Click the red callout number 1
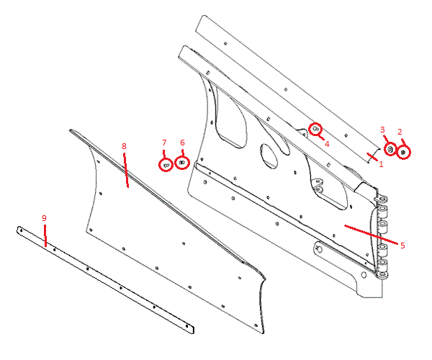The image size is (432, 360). coord(381,164)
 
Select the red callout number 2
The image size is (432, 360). coord(400,132)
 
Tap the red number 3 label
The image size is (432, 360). coord(382,130)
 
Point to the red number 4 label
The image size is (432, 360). coord(327,144)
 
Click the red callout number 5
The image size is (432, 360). coord(402,246)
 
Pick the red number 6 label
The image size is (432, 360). coord(182,143)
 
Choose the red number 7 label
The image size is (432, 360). coord(164,143)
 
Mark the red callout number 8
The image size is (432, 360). coord(124,146)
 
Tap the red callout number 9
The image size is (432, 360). coord(44,218)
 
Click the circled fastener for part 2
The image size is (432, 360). coord(403,153)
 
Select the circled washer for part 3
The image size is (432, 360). coord(390,149)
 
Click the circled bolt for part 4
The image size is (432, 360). coord(315,129)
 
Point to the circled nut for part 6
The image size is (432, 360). coord(182,163)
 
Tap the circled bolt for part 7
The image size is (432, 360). coord(166,165)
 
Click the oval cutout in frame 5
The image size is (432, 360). coord(269,156)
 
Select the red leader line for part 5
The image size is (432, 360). coord(371,235)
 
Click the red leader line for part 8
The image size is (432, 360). coord(126,171)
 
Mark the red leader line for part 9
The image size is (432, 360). coord(45,235)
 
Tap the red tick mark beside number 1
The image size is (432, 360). coord(372,156)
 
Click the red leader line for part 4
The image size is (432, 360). coord(321,137)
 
